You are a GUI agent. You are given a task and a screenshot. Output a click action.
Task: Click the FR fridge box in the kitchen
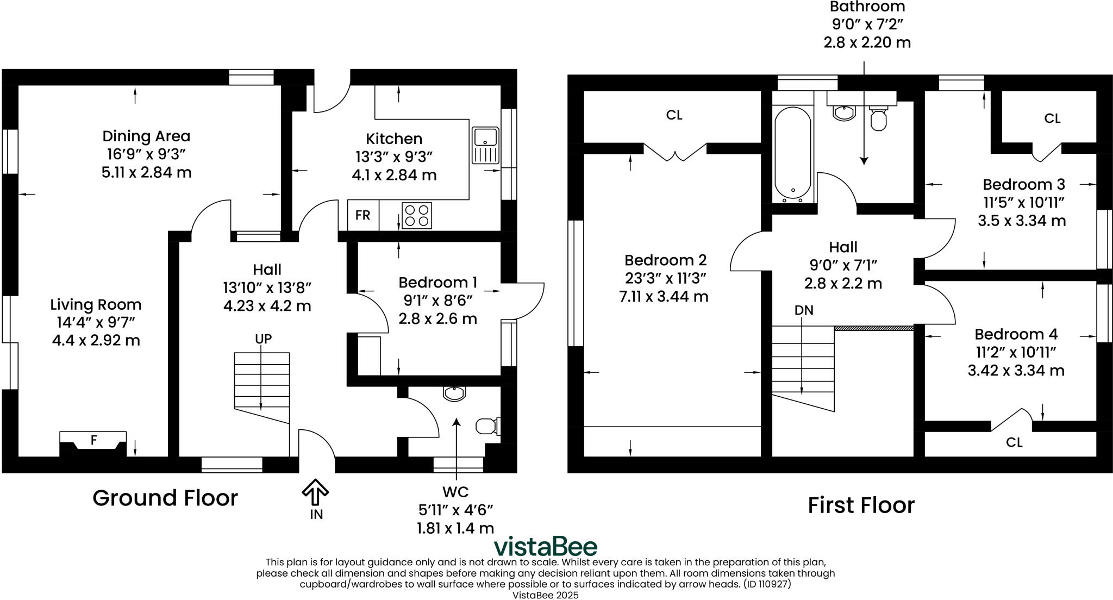point(363,215)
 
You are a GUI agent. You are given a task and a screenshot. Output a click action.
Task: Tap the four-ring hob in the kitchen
point(417,215)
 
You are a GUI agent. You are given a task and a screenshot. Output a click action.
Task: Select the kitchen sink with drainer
point(485,145)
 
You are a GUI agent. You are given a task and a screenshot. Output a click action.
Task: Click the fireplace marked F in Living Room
point(93,441)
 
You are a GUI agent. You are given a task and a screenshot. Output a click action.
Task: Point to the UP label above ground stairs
point(263,339)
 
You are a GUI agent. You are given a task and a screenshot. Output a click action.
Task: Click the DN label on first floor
point(804,310)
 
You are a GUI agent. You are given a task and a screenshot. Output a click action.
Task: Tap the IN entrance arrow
point(315,491)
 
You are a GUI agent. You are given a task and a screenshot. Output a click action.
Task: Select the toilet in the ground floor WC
point(487,426)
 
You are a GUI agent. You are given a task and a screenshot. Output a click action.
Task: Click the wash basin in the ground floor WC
point(454,393)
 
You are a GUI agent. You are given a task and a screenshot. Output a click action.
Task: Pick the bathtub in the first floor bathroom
point(793,153)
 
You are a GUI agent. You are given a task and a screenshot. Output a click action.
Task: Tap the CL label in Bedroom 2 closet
point(674,115)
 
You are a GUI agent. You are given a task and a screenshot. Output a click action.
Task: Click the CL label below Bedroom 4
point(1014,442)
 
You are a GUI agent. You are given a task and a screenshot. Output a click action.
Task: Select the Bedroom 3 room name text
point(1023,184)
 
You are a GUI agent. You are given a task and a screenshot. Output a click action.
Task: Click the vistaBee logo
point(545,546)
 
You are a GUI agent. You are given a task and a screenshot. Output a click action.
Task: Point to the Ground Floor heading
point(165,498)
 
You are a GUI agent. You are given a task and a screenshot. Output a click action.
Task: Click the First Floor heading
point(861,505)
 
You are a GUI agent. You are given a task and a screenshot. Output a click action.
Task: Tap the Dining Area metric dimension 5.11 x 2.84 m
point(146,173)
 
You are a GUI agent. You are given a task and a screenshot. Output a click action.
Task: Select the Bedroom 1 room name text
point(437,283)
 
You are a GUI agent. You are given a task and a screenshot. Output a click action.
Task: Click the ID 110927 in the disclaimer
point(767,584)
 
